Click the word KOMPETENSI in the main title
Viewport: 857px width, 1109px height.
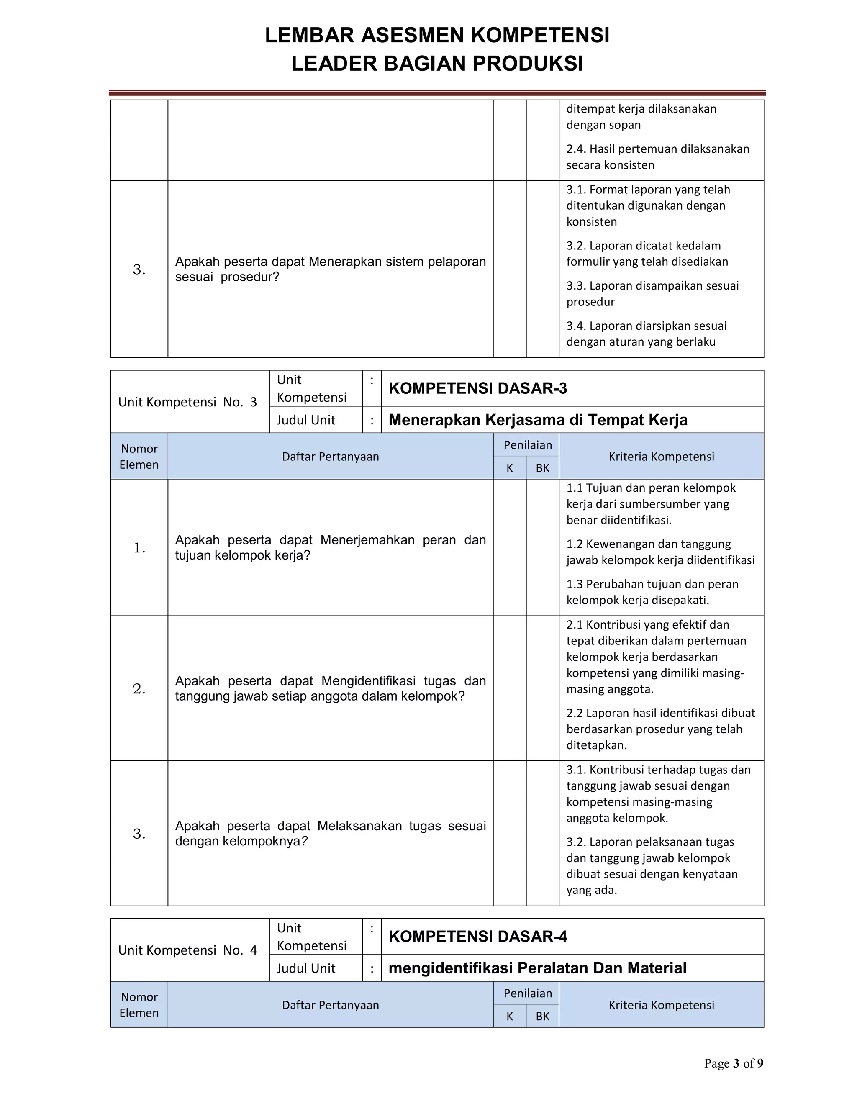click(540, 36)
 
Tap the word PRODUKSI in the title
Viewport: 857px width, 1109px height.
click(528, 64)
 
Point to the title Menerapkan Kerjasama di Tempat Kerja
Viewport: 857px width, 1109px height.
click(538, 420)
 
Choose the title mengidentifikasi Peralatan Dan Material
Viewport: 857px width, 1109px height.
click(537, 968)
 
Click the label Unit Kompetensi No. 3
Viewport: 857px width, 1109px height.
click(187, 402)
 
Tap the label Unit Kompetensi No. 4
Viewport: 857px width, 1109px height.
click(187, 950)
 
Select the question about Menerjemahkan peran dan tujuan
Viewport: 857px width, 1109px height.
click(330, 547)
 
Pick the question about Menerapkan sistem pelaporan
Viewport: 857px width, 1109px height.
click(330, 269)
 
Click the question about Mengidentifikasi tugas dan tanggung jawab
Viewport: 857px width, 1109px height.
click(330, 688)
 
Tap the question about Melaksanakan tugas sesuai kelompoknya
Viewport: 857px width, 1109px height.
click(330, 833)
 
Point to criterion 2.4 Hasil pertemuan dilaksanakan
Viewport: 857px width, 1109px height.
click(657, 157)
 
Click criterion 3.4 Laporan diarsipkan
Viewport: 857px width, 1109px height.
click(646, 334)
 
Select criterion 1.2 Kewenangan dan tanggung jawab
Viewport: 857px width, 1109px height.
click(660, 552)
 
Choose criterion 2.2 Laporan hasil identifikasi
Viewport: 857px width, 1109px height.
click(660, 729)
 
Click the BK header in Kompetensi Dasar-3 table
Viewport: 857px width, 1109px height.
click(542, 468)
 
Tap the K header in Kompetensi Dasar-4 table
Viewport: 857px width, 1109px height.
click(509, 1017)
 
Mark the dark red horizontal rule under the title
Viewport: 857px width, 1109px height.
click(436, 93)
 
